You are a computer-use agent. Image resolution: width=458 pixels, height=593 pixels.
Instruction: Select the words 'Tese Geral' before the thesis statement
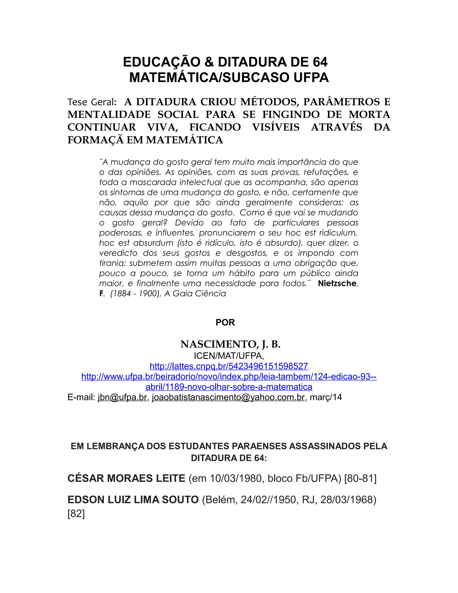[x=92, y=102]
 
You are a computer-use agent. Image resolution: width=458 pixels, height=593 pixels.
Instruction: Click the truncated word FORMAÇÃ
[x=94, y=140]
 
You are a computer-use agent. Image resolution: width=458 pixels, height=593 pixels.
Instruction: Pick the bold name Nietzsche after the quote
[x=337, y=283]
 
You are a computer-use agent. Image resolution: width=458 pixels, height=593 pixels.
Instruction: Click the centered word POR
[x=225, y=322]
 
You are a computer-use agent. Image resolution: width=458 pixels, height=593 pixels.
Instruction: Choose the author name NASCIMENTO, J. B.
[x=230, y=344]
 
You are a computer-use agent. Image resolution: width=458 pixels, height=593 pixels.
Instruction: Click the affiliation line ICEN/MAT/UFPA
[x=229, y=356]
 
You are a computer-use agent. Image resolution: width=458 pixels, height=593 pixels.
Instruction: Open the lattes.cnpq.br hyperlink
[x=229, y=366]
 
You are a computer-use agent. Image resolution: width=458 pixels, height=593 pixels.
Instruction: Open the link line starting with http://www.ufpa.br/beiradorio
[x=229, y=377]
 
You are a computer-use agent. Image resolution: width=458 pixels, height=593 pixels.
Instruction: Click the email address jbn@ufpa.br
[x=122, y=397]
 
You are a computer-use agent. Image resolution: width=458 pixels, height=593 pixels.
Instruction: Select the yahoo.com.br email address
[x=228, y=397]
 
